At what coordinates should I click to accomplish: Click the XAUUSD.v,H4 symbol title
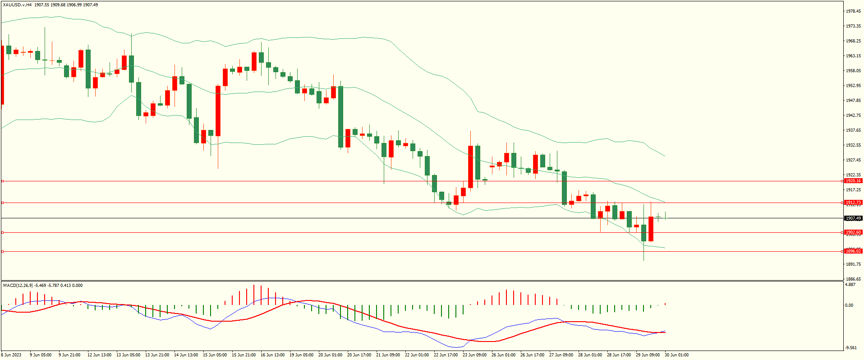(17, 5)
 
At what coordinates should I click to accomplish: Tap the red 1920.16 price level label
(853, 181)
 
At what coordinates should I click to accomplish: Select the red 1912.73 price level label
(853, 203)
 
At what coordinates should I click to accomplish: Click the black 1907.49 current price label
(853, 218)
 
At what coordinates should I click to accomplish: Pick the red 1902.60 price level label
(853, 232)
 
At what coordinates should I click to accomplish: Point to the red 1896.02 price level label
(853, 251)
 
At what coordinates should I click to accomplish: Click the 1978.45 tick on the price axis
(853, 11)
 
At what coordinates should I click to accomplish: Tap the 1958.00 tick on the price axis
(853, 71)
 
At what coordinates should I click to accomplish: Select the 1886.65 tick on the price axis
(853, 279)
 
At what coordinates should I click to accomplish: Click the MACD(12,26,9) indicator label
(18, 286)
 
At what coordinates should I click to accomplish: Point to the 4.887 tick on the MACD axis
(850, 285)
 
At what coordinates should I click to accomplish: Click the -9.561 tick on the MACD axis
(850, 347)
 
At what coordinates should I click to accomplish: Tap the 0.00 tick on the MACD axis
(849, 305)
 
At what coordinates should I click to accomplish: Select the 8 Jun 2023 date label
(11, 355)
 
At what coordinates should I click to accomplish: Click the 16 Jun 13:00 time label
(272, 355)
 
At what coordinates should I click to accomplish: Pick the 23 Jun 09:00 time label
(474, 355)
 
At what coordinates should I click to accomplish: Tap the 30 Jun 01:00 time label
(676, 355)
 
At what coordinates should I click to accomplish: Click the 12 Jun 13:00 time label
(99, 355)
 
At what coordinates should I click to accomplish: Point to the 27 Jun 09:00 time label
(561, 355)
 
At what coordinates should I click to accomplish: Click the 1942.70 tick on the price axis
(853, 115)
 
